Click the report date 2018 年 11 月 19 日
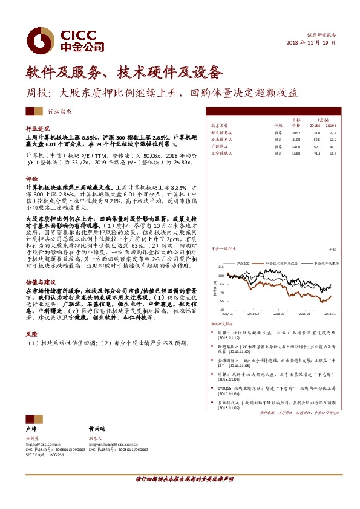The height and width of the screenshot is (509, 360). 319,44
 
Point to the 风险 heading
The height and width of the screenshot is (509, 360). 31,334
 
